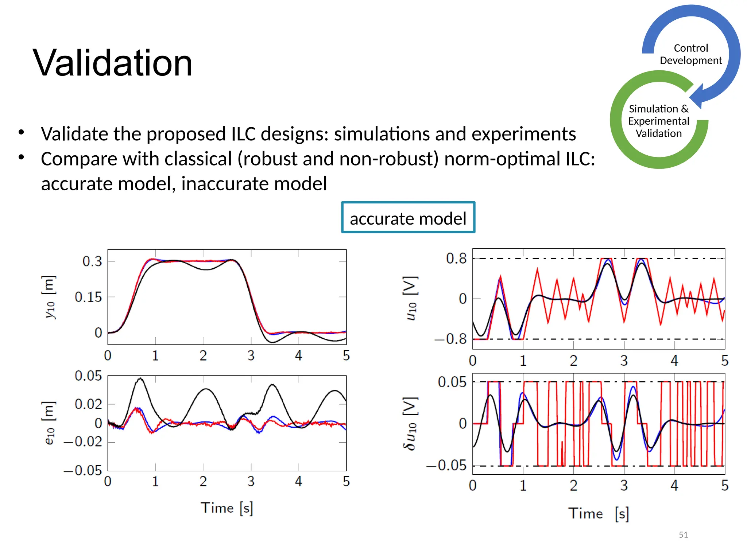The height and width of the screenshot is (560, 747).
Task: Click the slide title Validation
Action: coord(112,63)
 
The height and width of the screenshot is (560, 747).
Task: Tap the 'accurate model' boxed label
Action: coord(408,218)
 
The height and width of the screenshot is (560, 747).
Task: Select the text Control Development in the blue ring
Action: coord(690,54)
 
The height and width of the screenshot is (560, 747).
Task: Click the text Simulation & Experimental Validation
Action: coord(658,121)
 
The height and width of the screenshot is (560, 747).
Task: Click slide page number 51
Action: coord(683,534)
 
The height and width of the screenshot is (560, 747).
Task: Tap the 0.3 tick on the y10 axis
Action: coord(92,261)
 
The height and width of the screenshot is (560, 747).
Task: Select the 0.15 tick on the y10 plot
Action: coord(88,297)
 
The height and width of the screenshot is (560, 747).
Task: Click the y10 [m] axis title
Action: coord(49,297)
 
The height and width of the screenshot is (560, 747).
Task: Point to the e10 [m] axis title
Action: coord(49,423)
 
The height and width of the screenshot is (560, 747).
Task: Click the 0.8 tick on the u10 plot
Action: coord(456,258)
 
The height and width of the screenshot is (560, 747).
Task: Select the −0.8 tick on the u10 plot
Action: coord(450,339)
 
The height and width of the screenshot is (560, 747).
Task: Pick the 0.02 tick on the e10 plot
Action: coord(88,404)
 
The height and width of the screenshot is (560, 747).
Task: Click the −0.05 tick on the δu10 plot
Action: coord(446,466)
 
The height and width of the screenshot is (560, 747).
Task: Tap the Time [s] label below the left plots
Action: coord(227,508)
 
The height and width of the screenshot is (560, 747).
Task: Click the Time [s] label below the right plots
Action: coord(598,513)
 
